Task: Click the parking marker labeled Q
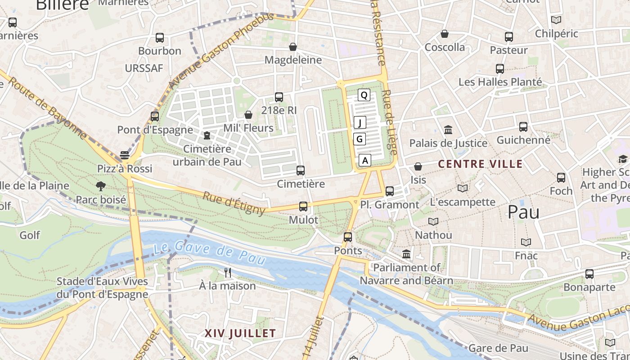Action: (x=364, y=95)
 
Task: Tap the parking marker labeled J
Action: (x=360, y=122)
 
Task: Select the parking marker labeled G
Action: (x=359, y=139)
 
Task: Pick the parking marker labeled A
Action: (x=365, y=160)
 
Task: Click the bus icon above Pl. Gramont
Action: (x=390, y=191)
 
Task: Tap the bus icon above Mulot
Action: (x=303, y=207)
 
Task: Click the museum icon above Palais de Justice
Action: (x=448, y=130)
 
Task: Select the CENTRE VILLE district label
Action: (x=480, y=164)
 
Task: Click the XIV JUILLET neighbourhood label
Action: (x=240, y=333)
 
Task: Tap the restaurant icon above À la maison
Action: (x=228, y=272)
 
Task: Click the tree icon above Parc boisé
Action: (x=101, y=186)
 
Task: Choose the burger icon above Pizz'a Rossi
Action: (x=125, y=155)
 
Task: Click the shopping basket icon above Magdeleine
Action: (x=293, y=47)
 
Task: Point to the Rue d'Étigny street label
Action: (x=234, y=203)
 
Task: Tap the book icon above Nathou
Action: (x=433, y=221)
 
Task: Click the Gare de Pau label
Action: (x=498, y=348)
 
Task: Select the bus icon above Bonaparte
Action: (x=589, y=274)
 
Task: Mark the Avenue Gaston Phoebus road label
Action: (x=220, y=50)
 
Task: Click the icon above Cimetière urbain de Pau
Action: (x=207, y=135)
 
